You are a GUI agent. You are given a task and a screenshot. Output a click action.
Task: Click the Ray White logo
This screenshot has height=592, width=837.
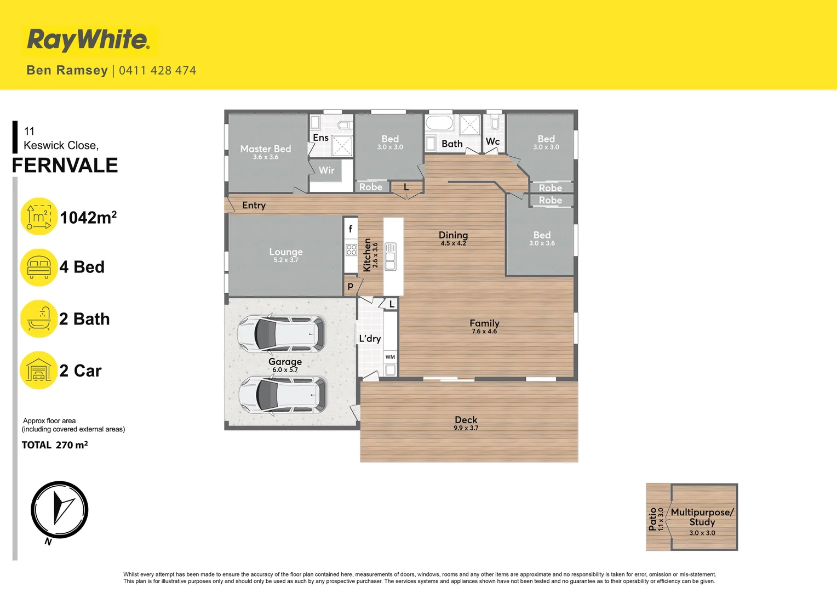pyautogui.click(x=88, y=40)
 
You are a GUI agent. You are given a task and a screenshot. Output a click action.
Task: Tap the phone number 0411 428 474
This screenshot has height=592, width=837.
pyautogui.click(x=157, y=71)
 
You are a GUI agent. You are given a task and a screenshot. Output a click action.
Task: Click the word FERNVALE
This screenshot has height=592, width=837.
pyautogui.click(x=65, y=166)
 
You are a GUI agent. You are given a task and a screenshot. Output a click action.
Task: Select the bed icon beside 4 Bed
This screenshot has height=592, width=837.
pyautogui.click(x=39, y=267)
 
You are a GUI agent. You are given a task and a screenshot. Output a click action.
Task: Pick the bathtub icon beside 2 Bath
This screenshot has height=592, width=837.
pyautogui.click(x=39, y=319)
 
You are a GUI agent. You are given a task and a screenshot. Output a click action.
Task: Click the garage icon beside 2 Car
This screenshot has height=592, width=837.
pyautogui.click(x=39, y=371)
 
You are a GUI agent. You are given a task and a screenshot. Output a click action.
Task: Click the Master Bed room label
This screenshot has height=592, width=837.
pyautogui.click(x=266, y=149)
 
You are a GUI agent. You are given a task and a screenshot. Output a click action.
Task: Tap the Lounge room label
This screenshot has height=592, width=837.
pyautogui.click(x=286, y=252)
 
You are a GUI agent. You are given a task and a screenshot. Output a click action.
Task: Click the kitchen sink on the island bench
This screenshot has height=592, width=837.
pyautogui.click(x=390, y=257)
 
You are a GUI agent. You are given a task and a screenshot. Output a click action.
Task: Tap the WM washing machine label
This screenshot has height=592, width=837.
pyautogui.click(x=390, y=357)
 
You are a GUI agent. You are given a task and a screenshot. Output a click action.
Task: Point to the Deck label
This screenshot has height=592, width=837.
pyautogui.click(x=466, y=420)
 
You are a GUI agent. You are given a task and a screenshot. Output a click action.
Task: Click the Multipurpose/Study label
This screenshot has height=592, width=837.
pyautogui.click(x=702, y=517)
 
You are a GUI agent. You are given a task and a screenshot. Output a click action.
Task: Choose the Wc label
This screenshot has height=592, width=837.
pyautogui.click(x=492, y=141)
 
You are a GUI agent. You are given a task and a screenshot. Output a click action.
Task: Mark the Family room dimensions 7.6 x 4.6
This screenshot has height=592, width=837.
pyautogui.click(x=484, y=332)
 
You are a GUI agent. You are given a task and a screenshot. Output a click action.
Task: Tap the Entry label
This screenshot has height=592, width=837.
pyautogui.click(x=254, y=206)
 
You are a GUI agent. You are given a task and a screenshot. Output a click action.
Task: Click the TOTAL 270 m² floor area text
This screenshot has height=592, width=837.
pyautogui.click(x=55, y=445)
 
